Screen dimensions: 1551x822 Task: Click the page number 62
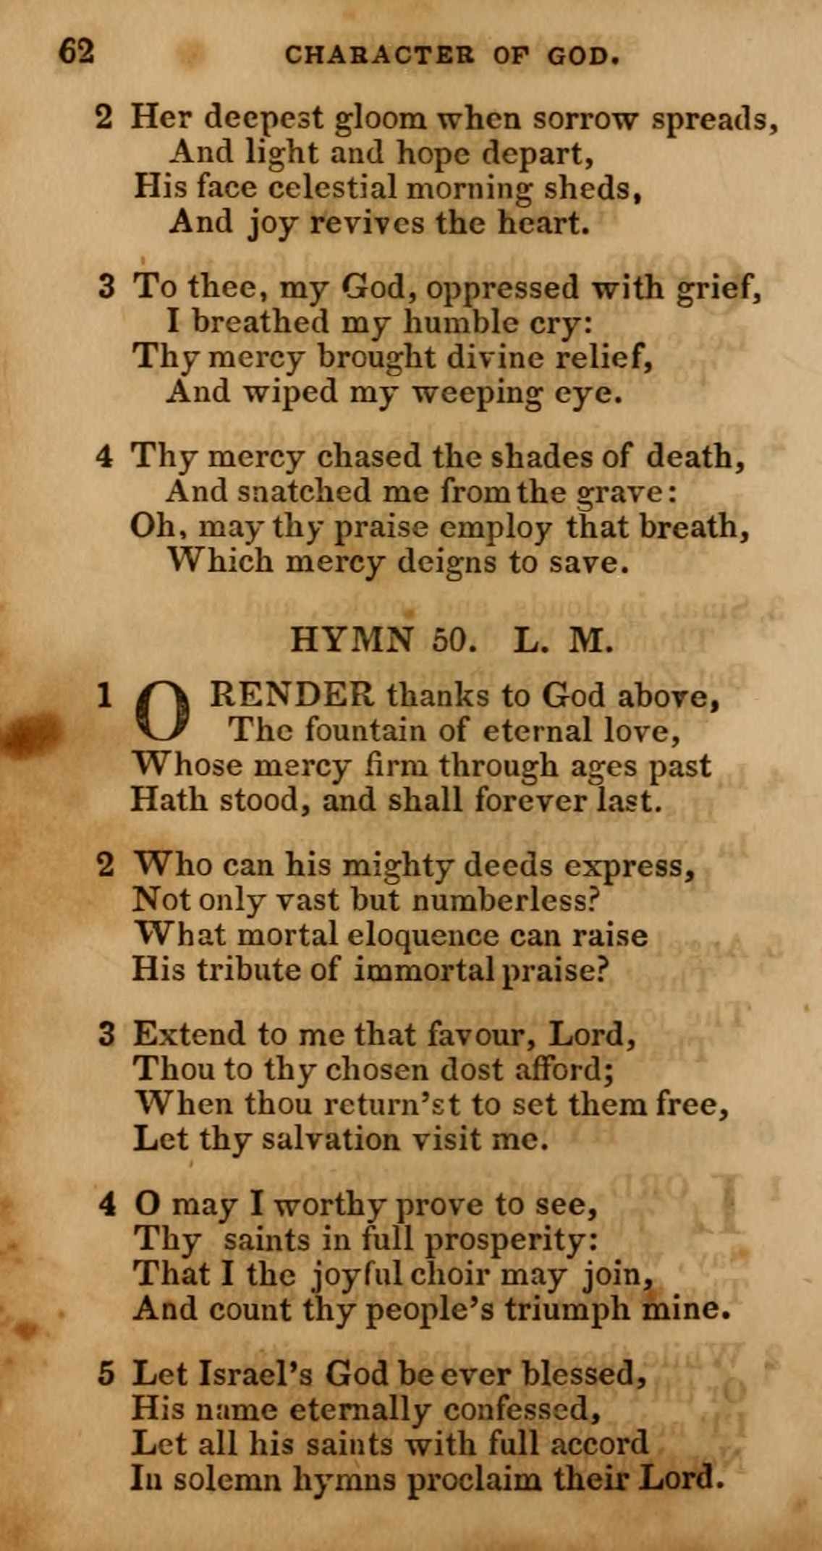click(x=77, y=52)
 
